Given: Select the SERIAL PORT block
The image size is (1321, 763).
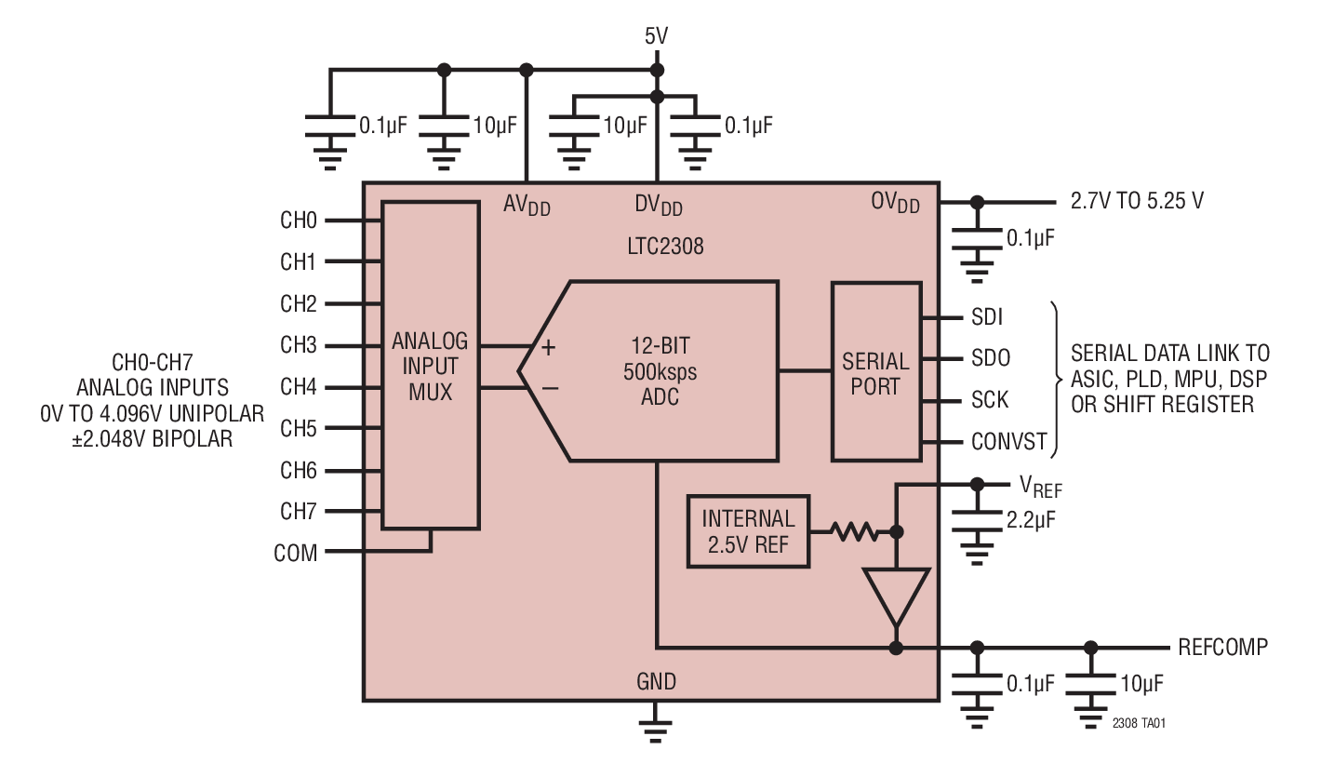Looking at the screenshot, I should (874, 372).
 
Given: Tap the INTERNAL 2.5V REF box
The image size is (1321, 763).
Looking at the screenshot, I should (748, 531).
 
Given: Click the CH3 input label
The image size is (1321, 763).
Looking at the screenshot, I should (299, 346).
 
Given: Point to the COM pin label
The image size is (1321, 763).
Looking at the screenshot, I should (296, 553).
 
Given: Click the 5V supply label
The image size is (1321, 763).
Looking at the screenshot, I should (656, 36).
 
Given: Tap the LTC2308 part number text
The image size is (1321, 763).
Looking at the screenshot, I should (665, 248).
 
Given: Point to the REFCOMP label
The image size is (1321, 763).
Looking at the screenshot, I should (1222, 647).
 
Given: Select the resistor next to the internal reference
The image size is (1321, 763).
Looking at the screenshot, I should (853, 532).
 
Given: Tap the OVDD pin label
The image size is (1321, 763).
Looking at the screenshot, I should (895, 202).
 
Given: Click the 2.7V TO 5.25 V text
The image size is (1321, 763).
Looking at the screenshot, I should (1131, 201).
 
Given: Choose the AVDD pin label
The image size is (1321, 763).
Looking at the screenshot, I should (527, 206).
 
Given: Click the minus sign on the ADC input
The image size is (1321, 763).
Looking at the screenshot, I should (549, 387).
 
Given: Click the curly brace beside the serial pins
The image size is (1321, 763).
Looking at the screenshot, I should (1058, 380).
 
